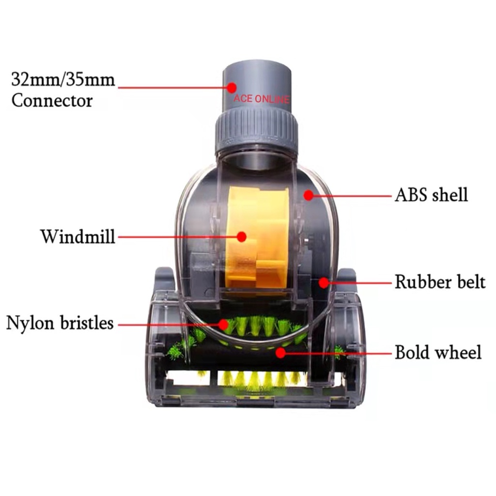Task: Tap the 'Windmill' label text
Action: point(77,237)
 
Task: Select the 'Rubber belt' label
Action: point(439,282)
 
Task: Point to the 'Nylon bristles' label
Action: point(60,323)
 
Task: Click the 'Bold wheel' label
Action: point(438,352)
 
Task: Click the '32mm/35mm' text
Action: point(63,79)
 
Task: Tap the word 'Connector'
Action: point(52,101)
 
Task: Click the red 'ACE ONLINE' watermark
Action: point(262,99)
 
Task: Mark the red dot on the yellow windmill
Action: point(241,237)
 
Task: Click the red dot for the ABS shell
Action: point(308,195)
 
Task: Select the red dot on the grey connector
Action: point(232,88)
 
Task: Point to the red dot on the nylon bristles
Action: point(223,323)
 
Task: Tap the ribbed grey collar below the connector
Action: point(256,127)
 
